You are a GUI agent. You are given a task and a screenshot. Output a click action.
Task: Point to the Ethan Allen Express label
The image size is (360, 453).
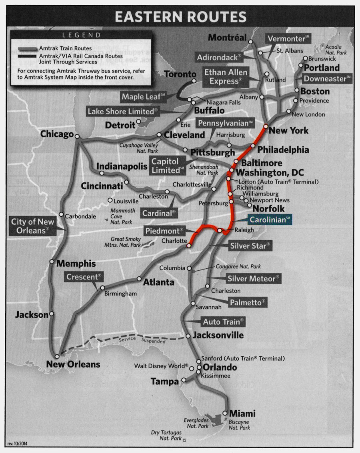click(x=226, y=77)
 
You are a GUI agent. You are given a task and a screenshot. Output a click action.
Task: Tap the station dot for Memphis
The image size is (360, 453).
click(x=52, y=262)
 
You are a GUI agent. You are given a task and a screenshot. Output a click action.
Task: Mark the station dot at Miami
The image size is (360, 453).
click(x=225, y=413)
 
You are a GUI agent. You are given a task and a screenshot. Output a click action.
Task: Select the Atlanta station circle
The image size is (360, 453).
click(x=139, y=279)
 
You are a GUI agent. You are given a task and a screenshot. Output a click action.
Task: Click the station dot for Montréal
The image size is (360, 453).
click(x=251, y=42)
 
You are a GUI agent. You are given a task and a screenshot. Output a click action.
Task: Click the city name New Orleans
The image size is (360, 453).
click(x=73, y=365)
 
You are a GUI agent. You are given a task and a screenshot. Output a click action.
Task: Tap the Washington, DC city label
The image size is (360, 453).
click(x=270, y=173)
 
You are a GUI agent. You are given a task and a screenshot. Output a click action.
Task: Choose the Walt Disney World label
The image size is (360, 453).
click(x=161, y=366)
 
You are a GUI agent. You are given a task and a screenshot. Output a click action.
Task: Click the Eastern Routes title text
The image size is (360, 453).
click(x=180, y=16)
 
